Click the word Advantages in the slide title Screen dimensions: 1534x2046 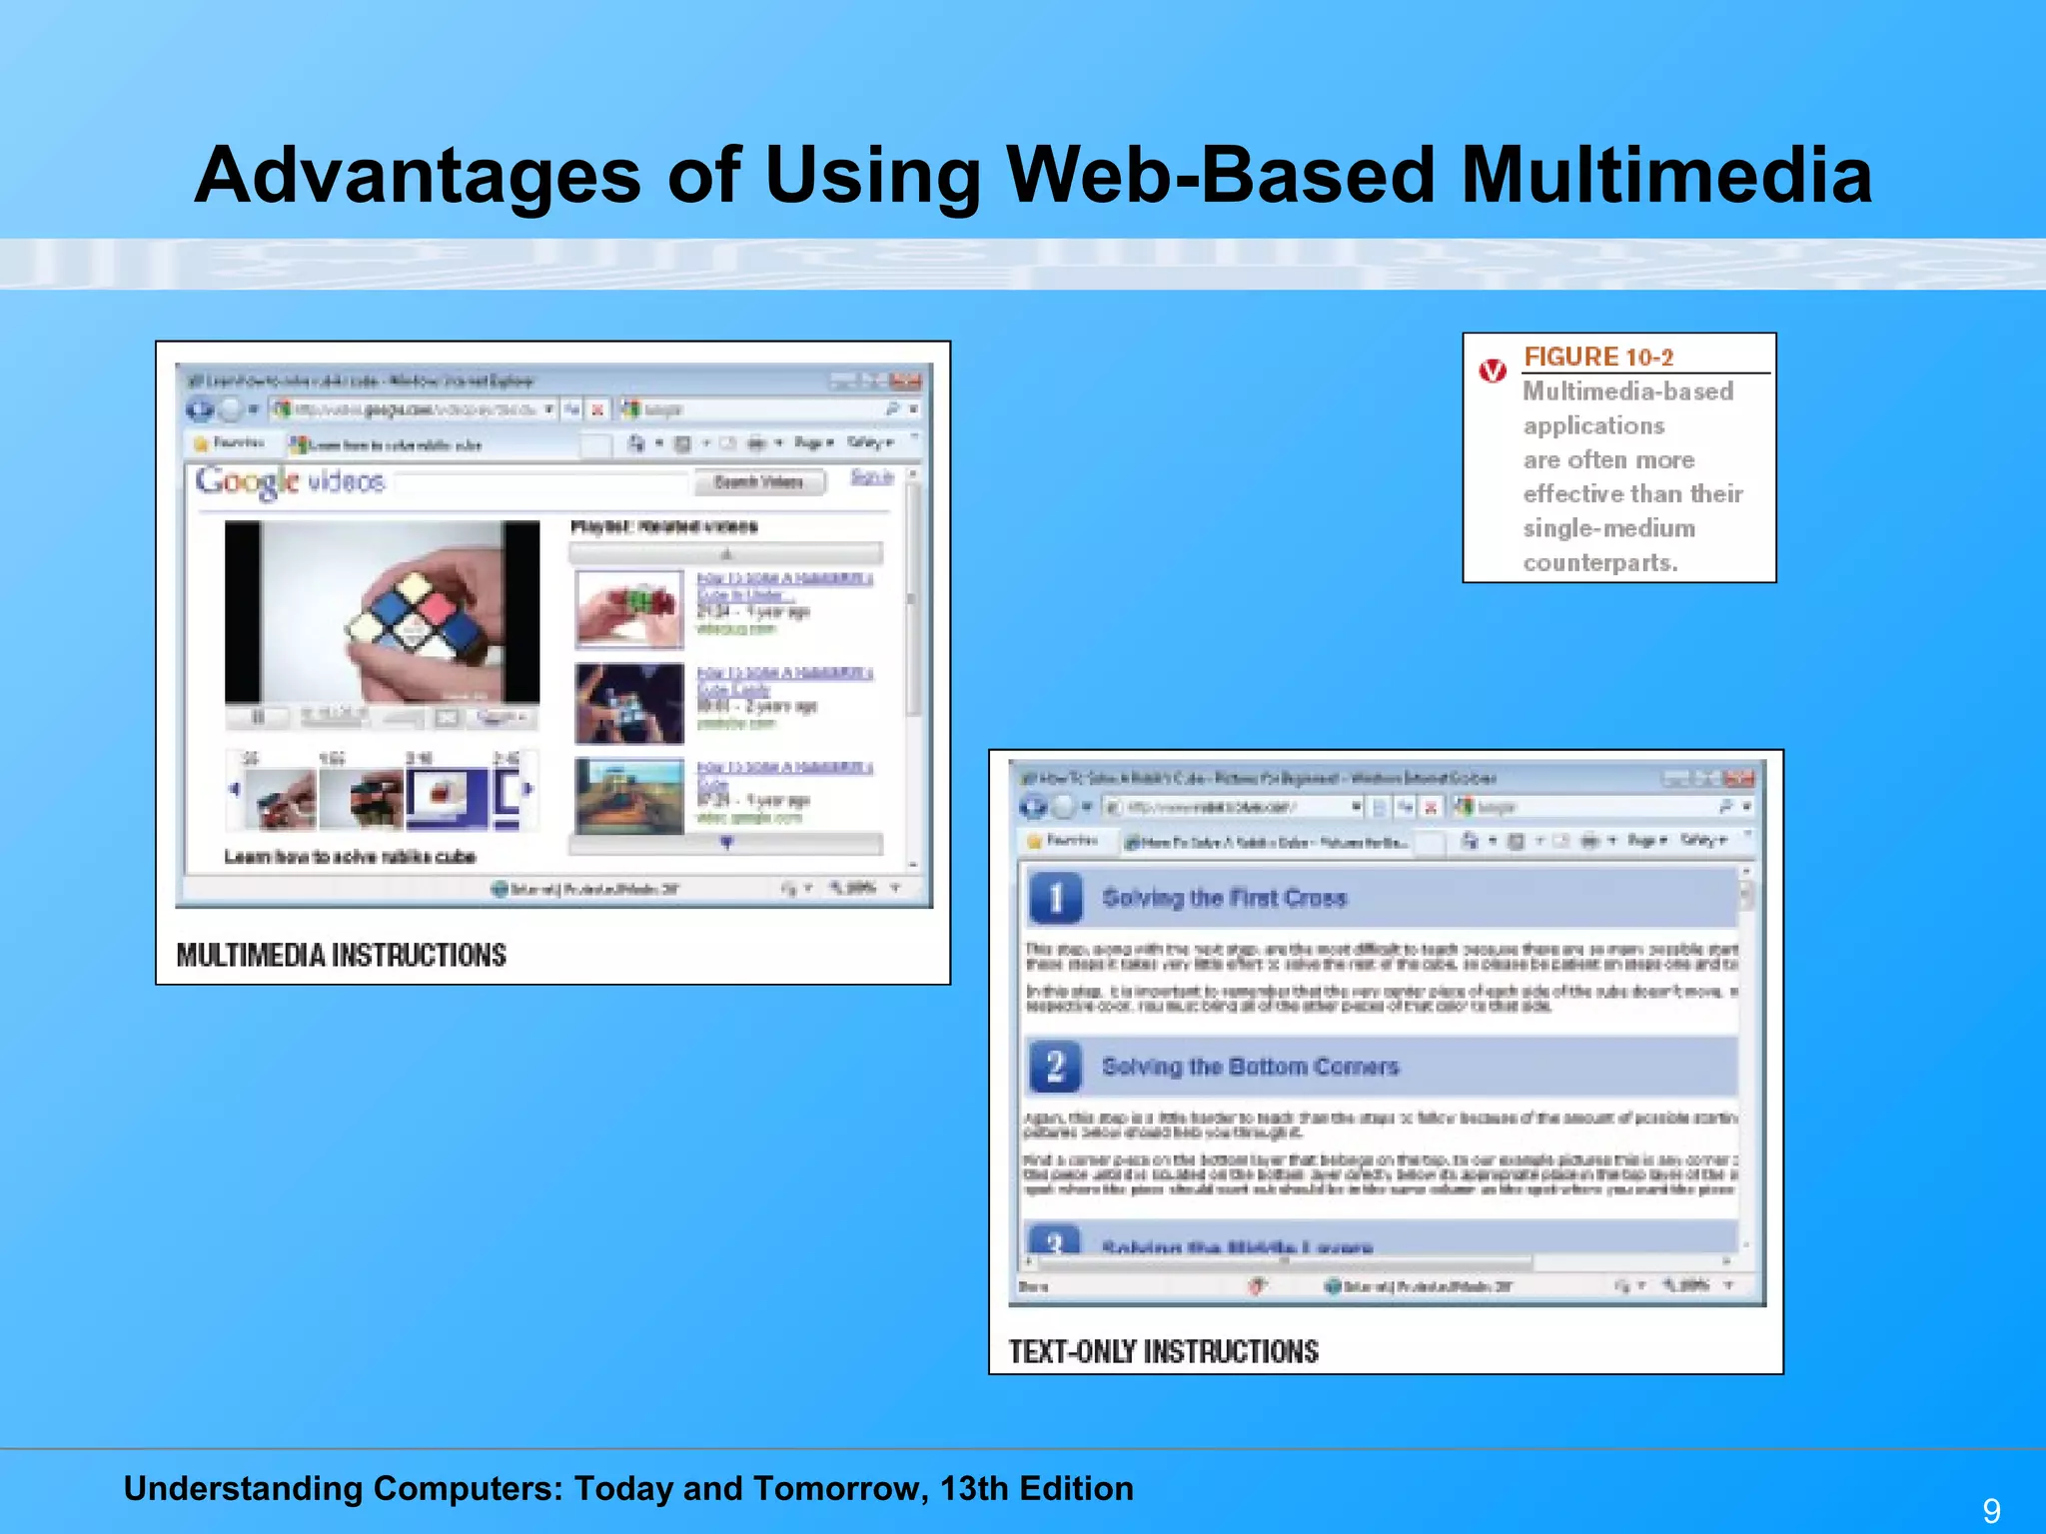pyautogui.click(x=417, y=176)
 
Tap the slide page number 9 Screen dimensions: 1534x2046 pyautogui.click(x=1991, y=1510)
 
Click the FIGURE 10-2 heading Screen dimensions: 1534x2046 pyautogui.click(x=1597, y=357)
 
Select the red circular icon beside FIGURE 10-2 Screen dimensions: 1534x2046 pyautogui.click(x=1493, y=371)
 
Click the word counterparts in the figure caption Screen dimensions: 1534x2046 pyautogui.click(x=1599, y=563)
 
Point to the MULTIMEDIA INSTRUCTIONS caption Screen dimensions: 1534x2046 pyautogui.click(x=341, y=956)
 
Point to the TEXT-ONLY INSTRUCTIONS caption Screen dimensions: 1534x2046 pyautogui.click(x=1163, y=1352)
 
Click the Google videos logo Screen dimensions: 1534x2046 pyautogui.click(x=290, y=482)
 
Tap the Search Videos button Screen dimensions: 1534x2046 pyautogui.click(x=759, y=482)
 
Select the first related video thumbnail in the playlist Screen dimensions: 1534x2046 pyautogui.click(x=629, y=608)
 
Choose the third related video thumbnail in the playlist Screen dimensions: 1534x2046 pyautogui.click(x=629, y=796)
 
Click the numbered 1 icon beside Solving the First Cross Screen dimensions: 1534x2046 pyautogui.click(x=1055, y=898)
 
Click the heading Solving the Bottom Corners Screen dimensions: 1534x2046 pyautogui.click(x=1250, y=1067)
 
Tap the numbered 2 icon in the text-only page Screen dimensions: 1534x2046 pyautogui.click(x=1055, y=1067)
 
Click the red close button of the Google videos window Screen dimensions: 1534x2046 pyautogui.click(x=906, y=381)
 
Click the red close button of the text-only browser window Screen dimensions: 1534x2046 pyautogui.click(x=1739, y=778)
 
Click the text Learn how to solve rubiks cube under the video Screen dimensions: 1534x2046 pyautogui.click(x=350, y=857)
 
